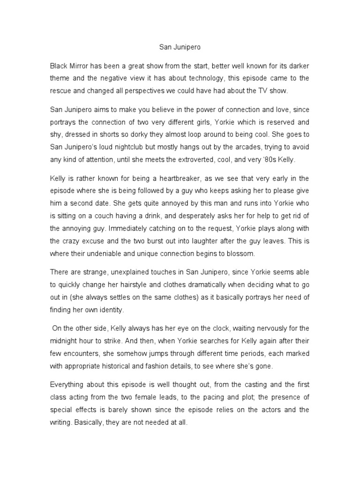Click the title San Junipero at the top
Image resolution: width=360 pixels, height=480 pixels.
[180, 47]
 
